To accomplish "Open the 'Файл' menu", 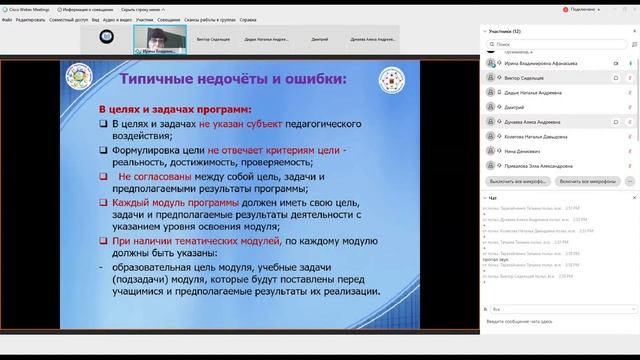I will (7, 19).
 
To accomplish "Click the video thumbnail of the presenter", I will (159, 41).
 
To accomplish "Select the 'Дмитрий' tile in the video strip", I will (320, 41).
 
